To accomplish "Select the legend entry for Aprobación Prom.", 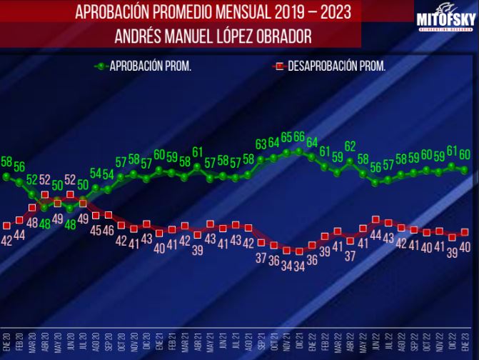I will tap(143, 66).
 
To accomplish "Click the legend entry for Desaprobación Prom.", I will tap(329, 66).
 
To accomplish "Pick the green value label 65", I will tap(287, 137).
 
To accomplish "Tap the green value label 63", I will tap(261, 144).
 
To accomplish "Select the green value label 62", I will tap(351, 146).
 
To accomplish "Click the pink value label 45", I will tap(96, 230).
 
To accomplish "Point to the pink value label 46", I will tap(109, 230).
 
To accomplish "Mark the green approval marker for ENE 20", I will tap(6, 176).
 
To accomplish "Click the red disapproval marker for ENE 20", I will tap(6, 225).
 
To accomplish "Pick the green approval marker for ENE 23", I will tap(465, 170).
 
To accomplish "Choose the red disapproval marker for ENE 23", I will tap(465, 232).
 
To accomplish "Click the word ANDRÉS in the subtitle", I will tap(141, 35).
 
